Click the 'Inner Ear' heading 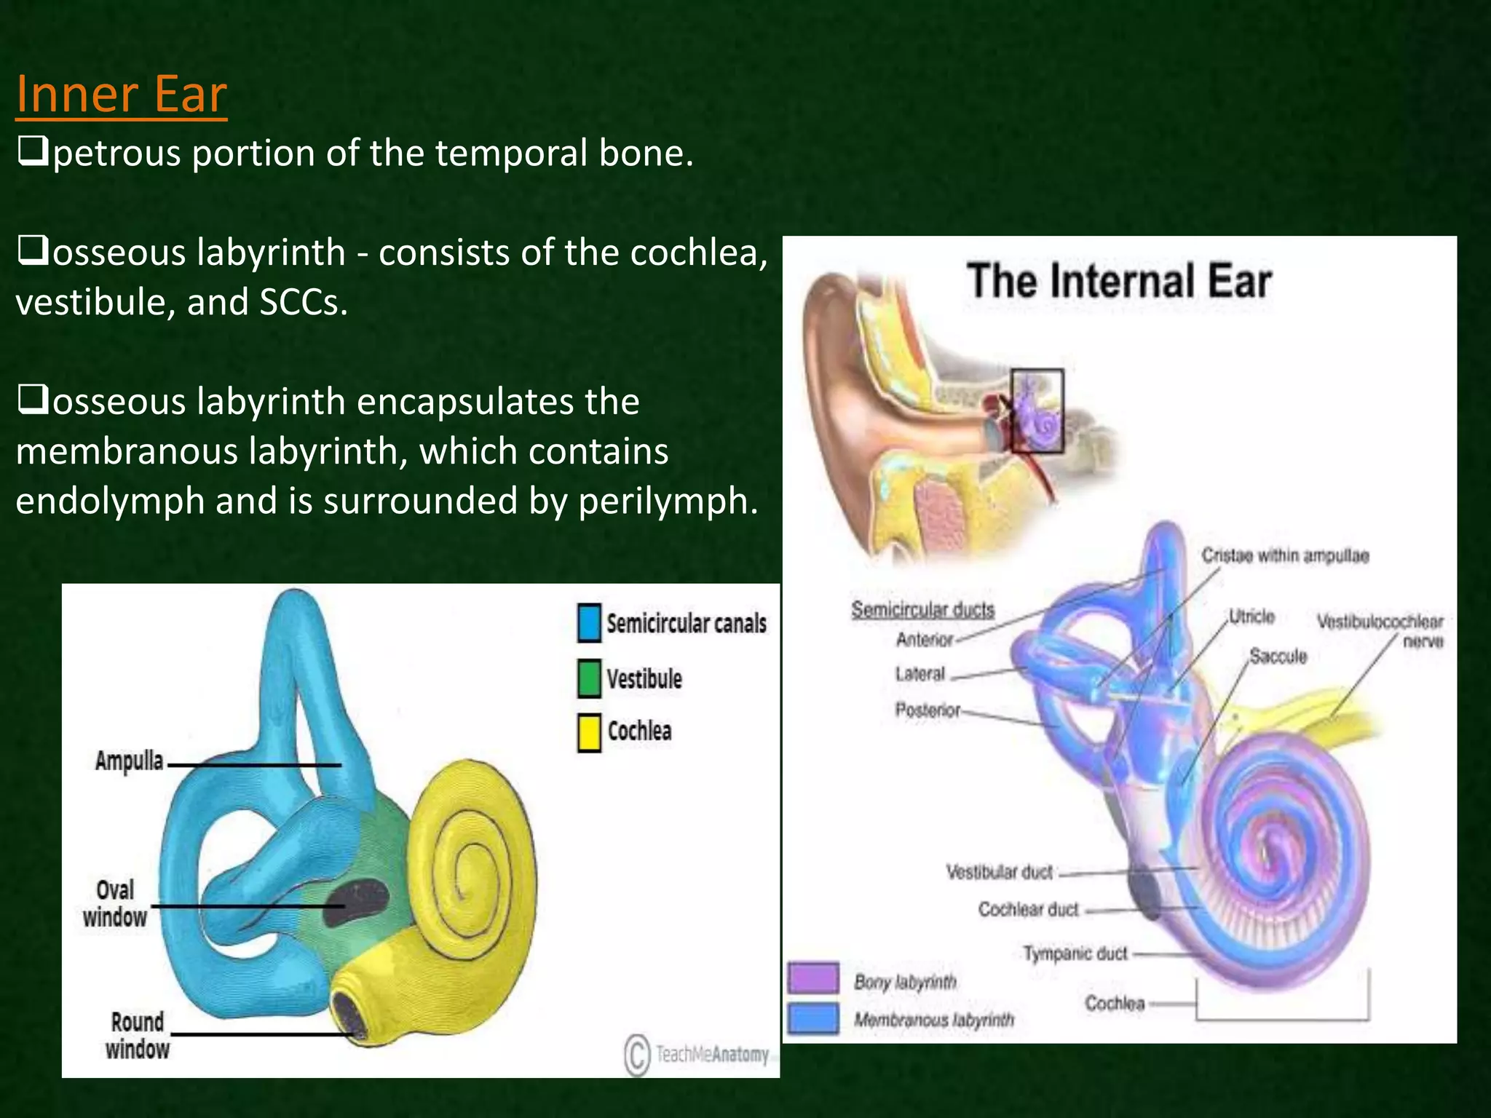[x=121, y=95]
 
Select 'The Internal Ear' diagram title [x=1119, y=281]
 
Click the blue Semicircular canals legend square [x=589, y=623]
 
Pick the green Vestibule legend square [x=589, y=678]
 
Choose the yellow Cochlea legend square [x=589, y=732]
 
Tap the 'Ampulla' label [x=129, y=761]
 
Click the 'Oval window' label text [x=115, y=903]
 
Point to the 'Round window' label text [x=137, y=1035]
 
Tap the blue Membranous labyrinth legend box [x=813, y=1018]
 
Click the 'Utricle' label [x=1251, y=617]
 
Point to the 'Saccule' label [x=1278, y=656]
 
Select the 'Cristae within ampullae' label [x=1285, y=556]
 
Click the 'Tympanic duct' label [x=1075, y=954]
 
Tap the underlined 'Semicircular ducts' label [x=922, y=609]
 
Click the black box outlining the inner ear [x=1037, y=370]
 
